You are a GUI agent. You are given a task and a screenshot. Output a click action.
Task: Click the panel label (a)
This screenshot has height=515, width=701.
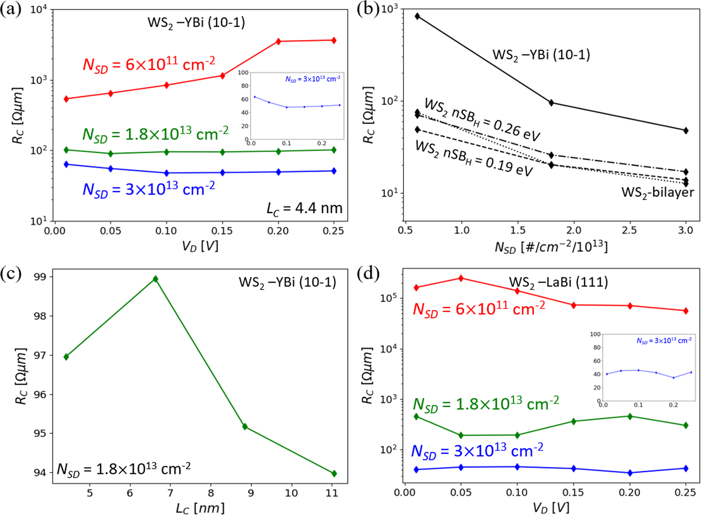[11, 9]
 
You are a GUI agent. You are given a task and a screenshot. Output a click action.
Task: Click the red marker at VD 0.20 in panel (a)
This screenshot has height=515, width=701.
[278, 42]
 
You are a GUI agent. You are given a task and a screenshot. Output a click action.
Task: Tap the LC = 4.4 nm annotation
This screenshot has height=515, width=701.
[304, 208]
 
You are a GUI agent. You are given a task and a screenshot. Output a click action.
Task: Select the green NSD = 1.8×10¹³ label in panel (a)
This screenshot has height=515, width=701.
[156, 134]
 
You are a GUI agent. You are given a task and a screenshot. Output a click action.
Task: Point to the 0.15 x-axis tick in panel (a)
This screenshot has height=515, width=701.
[222, 231]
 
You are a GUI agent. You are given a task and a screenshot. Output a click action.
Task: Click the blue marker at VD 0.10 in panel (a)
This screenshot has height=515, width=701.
[166, 173]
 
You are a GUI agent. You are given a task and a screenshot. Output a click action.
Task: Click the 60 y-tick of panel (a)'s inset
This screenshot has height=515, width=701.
[244, 99]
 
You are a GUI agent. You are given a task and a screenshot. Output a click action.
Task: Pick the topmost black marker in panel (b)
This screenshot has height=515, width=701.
[417, 16]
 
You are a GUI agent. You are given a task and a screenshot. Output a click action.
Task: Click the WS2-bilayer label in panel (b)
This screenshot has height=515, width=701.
[657, 192]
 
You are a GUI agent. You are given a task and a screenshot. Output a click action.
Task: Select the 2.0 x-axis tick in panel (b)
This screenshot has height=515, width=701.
[574, 231]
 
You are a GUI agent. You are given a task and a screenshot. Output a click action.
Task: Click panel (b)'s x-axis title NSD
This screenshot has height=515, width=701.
[551, 247]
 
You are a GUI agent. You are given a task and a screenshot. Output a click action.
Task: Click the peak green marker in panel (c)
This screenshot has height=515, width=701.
[156, 279]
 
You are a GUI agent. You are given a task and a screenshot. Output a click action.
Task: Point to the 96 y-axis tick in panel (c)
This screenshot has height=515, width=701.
[40, 394]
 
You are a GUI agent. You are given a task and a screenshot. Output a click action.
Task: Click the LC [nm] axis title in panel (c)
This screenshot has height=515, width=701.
[200, 508]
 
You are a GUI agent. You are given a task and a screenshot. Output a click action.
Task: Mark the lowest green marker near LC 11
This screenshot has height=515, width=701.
[334, 473]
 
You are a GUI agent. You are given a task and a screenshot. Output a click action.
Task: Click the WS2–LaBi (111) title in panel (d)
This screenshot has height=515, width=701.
[558, 282]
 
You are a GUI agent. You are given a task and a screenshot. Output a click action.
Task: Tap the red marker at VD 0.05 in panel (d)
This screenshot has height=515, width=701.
[461, 278]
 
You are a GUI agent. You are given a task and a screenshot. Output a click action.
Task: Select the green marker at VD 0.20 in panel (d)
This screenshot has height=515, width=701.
[630, 416]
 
